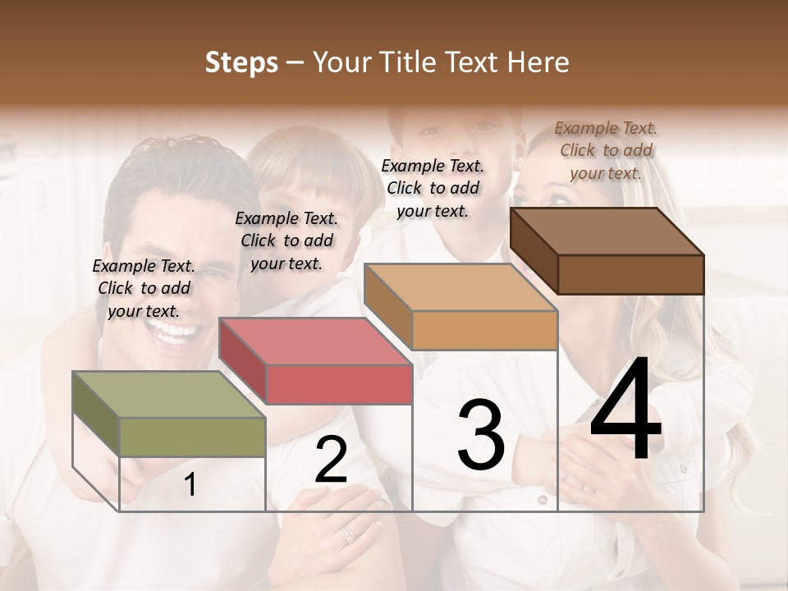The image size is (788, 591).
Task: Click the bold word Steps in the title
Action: pyautogui.click(x=241, y=62)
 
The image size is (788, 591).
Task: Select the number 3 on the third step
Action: pyautogui.click(x=481, y=435)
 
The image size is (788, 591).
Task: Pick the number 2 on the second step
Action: pyautogui.click(x=331, y=460)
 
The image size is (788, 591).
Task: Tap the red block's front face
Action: pyautogui.click(x=339, y=384)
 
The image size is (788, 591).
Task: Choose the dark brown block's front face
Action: pyautogui.click(x=630, y=273)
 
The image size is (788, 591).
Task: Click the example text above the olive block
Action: pyautogui.click(x=144, y=288)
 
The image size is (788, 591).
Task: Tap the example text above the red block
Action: pyautogui.click(x=286, y=241)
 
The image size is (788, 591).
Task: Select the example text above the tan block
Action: pyautogui.click(x=433, y=188)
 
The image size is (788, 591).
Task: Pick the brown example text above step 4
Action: pyautogui.click(x=606, y=150)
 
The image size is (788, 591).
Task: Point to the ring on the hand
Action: pyautogui.click(x=349, y=534)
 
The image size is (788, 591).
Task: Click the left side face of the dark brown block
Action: pyautogui.click(x=534, y=250)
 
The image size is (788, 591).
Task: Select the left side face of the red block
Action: pyautogui.click(x=243, y=361)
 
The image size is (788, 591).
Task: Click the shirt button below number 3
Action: pyautogui.click(x=543, y=498)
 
